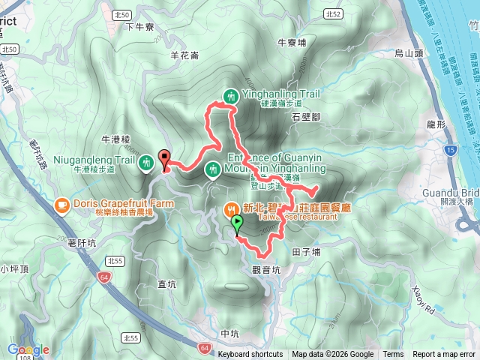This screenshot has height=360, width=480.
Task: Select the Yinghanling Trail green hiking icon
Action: coord(231,95)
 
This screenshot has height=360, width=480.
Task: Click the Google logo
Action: coord(28,349)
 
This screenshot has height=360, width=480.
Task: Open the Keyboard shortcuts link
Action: coord(250,355)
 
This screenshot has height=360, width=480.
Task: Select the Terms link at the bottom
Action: coord(393,355)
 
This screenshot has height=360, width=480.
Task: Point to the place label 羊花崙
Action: coord(184,55)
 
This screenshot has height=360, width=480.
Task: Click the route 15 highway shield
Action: coord(449,151)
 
